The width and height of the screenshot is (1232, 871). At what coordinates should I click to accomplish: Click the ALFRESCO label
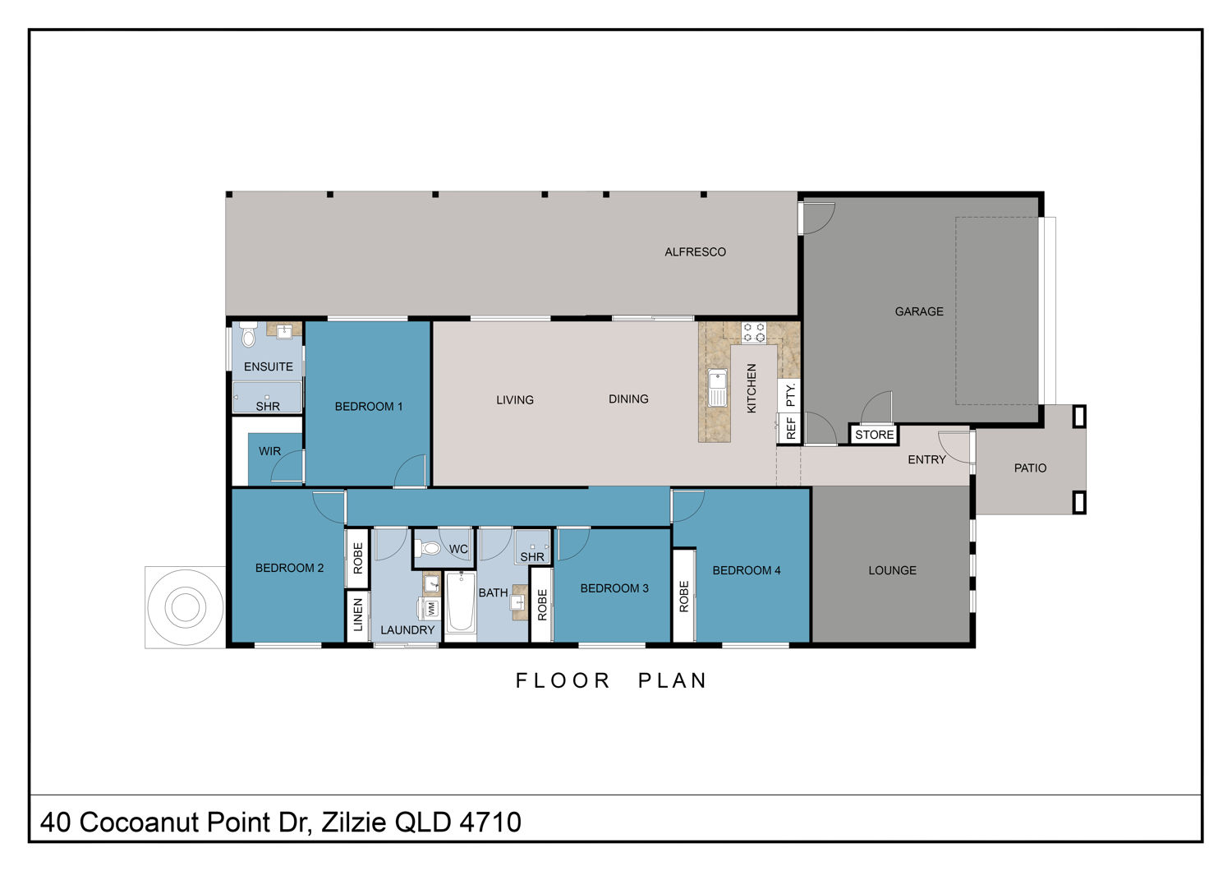coord(695,252)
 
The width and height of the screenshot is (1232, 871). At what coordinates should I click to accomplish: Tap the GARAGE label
coord(919,311)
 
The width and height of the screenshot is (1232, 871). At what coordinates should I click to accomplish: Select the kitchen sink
coord(717,388)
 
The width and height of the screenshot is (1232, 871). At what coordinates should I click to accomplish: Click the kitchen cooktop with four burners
coord(754,332)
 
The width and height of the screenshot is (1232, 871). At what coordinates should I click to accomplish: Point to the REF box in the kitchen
coord(791,428)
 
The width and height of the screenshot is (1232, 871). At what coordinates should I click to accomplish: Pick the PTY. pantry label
coord(790,395)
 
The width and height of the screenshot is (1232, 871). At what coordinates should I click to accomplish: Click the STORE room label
coord(874,435)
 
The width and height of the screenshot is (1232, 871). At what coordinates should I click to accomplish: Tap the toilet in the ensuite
coord(249,334)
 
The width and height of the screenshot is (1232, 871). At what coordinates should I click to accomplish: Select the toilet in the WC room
coord(428,548)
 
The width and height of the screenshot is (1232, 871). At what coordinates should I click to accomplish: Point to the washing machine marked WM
coord(430,609)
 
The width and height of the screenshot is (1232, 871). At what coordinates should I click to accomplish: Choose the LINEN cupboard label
coord(358,615)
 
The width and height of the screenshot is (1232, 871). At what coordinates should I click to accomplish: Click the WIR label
coord(269,451)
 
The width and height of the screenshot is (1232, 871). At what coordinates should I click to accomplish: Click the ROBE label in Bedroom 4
coord(683,597)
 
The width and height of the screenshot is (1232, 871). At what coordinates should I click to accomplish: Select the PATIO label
coord(1030,468)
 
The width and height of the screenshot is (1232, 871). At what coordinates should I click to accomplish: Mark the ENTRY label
coord(926,459)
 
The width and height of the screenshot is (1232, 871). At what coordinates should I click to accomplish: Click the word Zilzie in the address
coord(354,823)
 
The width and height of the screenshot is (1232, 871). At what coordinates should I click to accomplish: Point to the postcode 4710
coord(490,823)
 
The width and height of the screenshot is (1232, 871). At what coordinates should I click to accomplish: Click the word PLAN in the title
coord(672,680)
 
